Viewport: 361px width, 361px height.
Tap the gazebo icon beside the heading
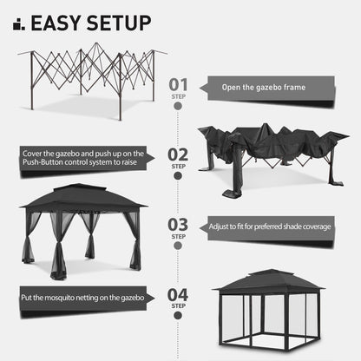tap(18, 23)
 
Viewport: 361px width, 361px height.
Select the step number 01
tap(177, 82)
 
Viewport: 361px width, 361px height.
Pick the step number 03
tap(177, 225)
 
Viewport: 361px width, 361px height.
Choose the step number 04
tap(177, 296)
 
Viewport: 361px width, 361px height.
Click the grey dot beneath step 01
tap(177, 107)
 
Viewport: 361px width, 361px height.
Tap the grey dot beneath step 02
tap(177, 177)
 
